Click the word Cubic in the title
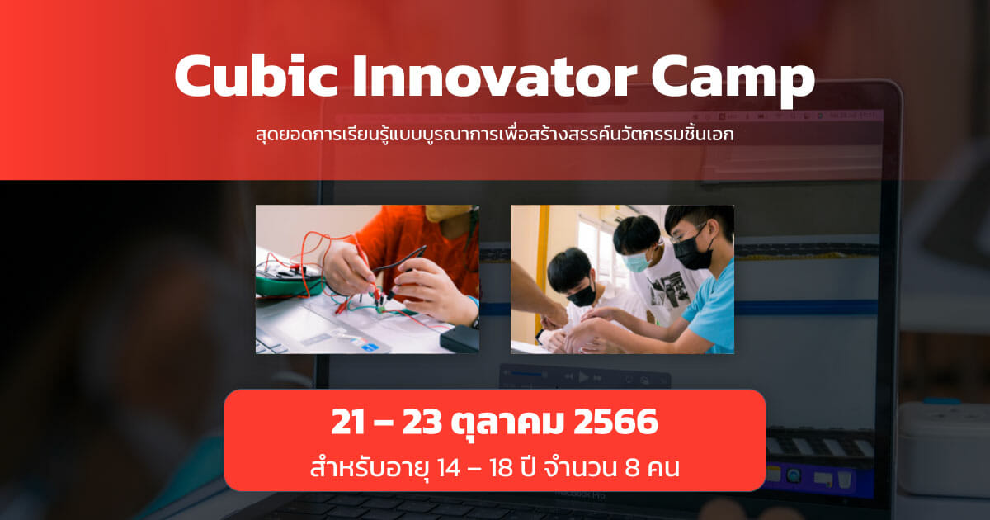tap(257, 76)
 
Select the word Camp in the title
tap(733, 79)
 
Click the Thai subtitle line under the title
tap(495, 135)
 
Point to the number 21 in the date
tap(349, 422)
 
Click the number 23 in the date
tap(422, 422)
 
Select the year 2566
tap(615, 422)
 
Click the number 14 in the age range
tap(448, 467)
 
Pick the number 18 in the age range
tap(502, 467)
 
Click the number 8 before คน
tap(632, 467)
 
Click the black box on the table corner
tap(460, 338)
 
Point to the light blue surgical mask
tap(637, 262)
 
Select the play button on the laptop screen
tap(584, 377)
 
